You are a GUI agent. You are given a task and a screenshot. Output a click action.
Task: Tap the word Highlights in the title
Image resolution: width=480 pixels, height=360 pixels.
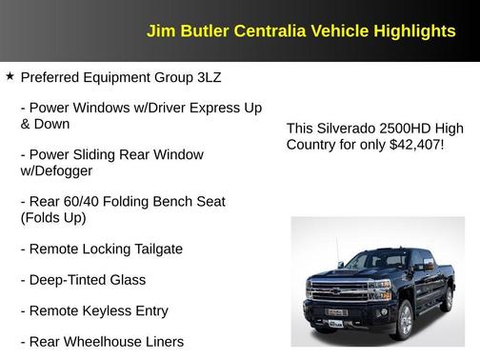coord(414,31)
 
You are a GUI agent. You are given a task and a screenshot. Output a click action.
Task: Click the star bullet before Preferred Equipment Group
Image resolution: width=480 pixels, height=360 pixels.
coord(10,74)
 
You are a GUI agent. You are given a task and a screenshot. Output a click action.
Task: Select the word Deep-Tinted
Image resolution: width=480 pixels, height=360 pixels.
coord(72,279)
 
